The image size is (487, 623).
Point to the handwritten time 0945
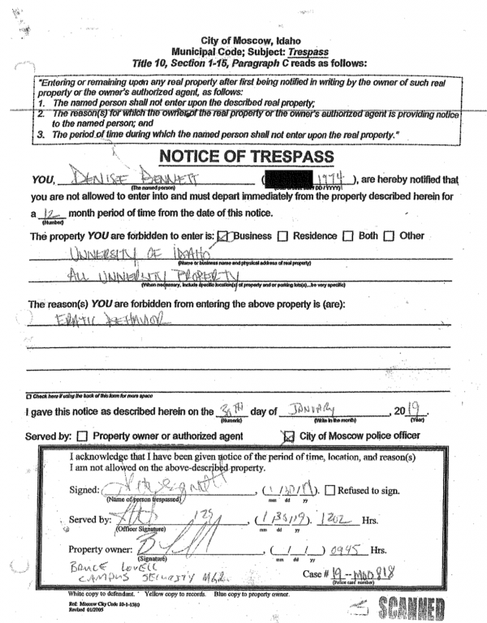coord(339,549)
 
